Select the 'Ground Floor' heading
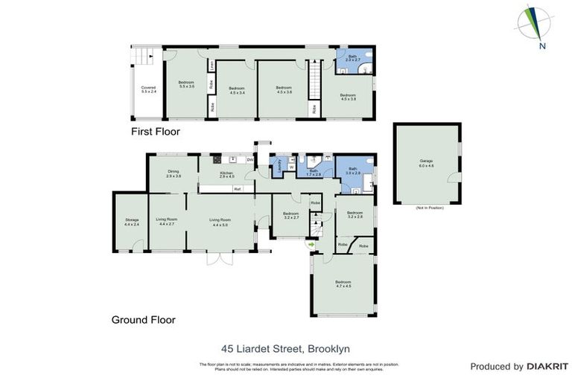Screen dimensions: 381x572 (143, 320)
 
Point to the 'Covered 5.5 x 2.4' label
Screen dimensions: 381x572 (148, 89)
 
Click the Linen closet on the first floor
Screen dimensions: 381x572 (212, 65)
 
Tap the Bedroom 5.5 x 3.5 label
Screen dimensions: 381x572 (186, 84)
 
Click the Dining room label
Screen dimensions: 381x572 (174, 174)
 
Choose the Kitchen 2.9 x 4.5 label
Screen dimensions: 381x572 (226, 175)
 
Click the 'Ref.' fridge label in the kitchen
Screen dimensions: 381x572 (238, 189)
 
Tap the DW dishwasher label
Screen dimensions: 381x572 (250, 159)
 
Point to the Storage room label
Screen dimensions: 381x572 (132, 222)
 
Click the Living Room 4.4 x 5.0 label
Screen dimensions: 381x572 (220, 222)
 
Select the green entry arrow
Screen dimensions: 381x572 (311, 243)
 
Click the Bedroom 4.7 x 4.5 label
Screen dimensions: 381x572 (343, 284)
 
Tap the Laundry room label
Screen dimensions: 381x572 (279, 165)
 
